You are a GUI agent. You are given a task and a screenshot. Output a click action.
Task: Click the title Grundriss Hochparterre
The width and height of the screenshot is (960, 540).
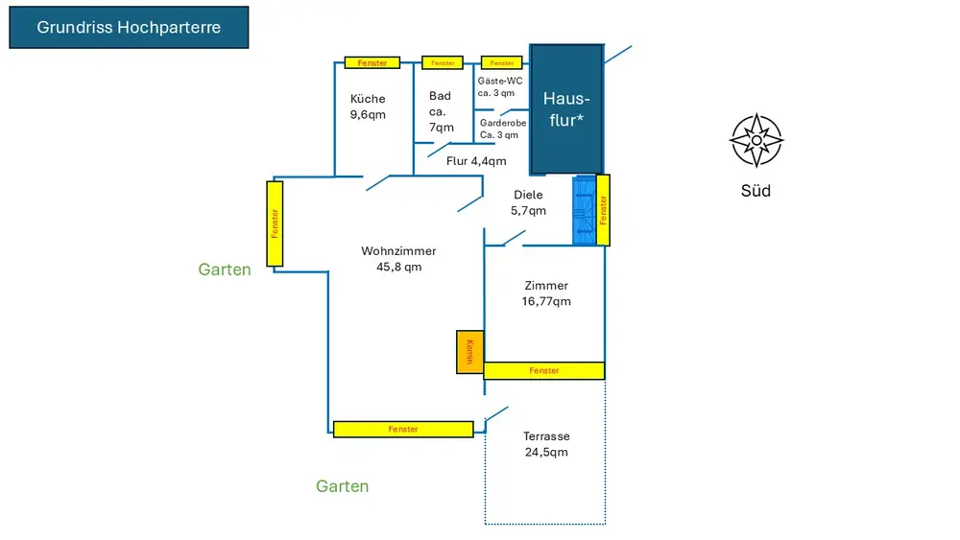pyautogui.click(x=129, y=28)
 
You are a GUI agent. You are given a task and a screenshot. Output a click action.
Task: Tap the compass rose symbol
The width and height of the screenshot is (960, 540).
pyautogui.click(x=756, y=141)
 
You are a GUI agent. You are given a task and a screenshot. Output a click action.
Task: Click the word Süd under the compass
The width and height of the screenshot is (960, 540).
pyautogui.click(x=756, y=191)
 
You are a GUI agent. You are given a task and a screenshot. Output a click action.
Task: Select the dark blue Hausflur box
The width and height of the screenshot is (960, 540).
pyautogui.click(x=566, y=108)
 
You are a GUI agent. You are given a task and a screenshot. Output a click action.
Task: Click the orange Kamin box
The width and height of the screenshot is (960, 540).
pyautogui.click(x=469, y=352)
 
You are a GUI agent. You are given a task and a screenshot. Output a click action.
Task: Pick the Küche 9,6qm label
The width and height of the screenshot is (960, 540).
pyautogui.click(x=368, y=106)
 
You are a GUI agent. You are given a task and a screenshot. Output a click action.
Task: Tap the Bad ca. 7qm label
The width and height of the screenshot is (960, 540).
pyautogui.click(x=441, y=111)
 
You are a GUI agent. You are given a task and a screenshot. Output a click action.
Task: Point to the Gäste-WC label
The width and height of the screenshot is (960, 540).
pyautogui.click(x=499, y=87)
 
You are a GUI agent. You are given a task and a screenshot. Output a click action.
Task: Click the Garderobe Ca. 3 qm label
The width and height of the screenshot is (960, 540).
pyautogui.click(x=503, y=129)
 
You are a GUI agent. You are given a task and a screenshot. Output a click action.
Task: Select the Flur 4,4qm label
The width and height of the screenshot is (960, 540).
pyautogui.click(x=476, y=161)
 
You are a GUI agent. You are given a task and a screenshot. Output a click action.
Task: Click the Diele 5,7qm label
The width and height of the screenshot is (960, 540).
pyautogui.click(x=528, y=202)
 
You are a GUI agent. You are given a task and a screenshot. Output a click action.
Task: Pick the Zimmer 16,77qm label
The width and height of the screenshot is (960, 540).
pyautogui.click(x=546, y=293)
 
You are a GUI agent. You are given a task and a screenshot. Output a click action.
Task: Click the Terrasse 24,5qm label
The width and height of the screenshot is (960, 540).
pyautogui.click(x=545, y=444)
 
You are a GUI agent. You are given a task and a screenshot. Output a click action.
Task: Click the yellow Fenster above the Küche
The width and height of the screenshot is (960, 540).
pyautogui.click(x=372, y=63)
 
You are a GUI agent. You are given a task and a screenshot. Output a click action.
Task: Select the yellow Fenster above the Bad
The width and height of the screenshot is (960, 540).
pyautogui.click(x=443, y=63)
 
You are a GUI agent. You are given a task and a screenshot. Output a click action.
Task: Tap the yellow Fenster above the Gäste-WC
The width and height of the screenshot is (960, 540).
pyautogui.click(x=501, y=63)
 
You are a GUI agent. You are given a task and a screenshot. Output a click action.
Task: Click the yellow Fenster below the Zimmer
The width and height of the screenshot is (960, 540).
pyautogui.click(x=543, y=370)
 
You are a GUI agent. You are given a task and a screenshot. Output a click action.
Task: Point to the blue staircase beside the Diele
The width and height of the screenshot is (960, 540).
pyautogui.click(x=584, y=211)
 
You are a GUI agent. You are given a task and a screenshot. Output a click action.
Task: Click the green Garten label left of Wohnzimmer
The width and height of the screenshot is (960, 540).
pyautogui.click(x=225, y=270)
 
